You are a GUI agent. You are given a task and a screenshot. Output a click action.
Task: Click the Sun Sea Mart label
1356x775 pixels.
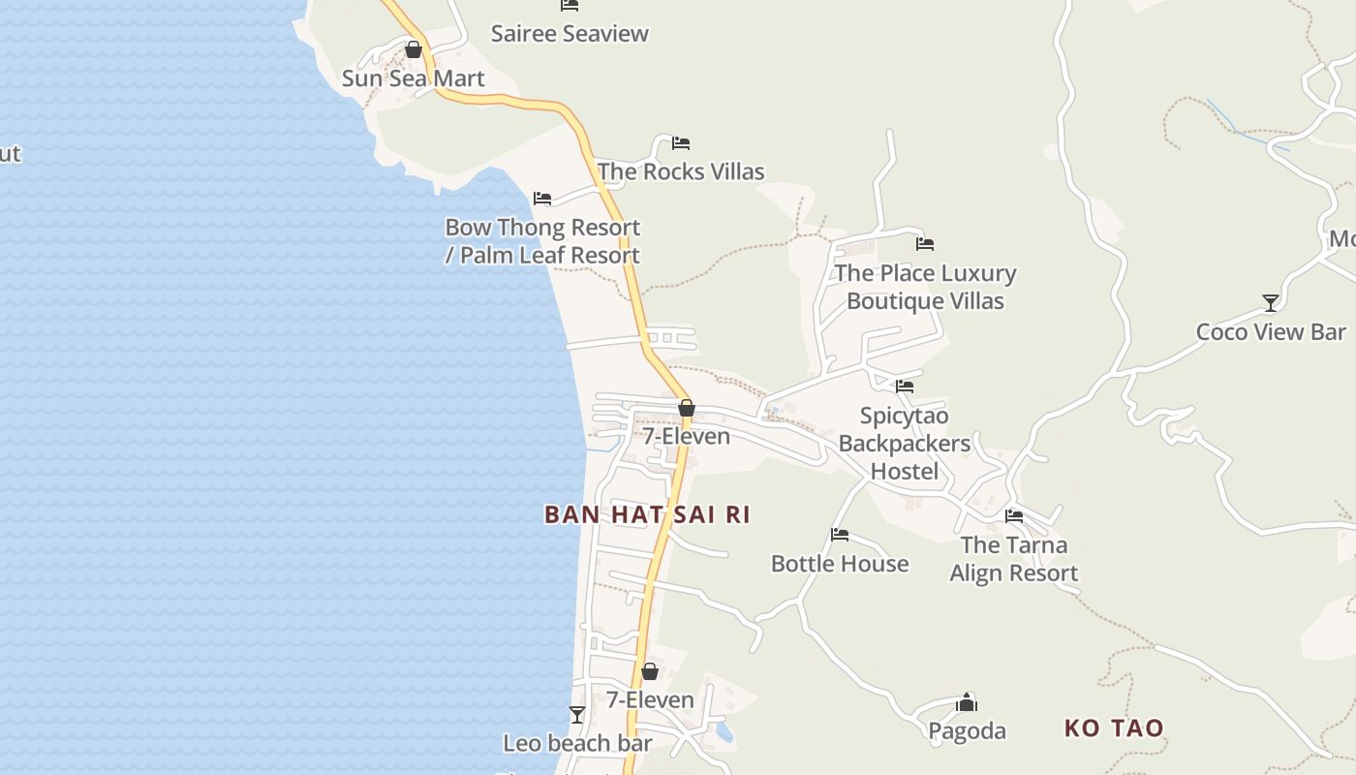point(413,78)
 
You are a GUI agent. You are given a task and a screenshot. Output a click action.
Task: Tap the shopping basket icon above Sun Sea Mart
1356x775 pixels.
point(414,49)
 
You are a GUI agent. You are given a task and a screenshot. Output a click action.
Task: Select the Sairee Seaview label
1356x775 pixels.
point(570,34)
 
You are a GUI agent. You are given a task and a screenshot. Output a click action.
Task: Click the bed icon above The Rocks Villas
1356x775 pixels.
point(681,143)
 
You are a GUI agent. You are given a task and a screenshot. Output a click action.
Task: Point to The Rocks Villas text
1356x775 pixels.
point(681,171)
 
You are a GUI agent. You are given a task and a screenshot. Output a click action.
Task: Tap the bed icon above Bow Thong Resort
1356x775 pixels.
point(542,199)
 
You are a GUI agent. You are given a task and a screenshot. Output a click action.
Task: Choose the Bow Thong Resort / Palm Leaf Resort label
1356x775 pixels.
point(542,241)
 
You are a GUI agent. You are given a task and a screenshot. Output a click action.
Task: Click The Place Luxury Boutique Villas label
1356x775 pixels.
point(925,287)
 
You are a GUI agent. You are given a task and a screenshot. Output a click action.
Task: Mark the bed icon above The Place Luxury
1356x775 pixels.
point(925,244)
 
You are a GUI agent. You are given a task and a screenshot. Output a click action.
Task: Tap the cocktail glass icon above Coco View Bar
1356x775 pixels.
point(1271,303)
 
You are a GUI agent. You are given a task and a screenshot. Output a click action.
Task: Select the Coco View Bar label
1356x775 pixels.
point(1271,331)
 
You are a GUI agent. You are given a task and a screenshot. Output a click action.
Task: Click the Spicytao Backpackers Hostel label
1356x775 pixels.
point(904,444)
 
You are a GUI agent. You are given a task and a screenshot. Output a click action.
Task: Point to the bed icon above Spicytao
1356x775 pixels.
point(905,386)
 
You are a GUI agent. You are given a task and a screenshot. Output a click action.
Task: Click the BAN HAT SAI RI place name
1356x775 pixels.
point(647,514)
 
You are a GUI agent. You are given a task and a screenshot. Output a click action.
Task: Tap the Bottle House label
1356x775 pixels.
point(840,564)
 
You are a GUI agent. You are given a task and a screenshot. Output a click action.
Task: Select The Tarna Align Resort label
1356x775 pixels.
point(1014,559)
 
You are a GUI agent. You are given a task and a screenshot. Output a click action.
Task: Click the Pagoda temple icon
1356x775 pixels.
point(967,702)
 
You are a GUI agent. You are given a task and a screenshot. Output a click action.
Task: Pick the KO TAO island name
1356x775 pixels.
point(1114,728)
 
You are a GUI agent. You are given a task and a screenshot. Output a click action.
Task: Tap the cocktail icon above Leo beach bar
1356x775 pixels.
point(577,715)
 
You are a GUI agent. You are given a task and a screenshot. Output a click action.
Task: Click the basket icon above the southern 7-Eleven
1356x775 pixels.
point(650,671)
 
